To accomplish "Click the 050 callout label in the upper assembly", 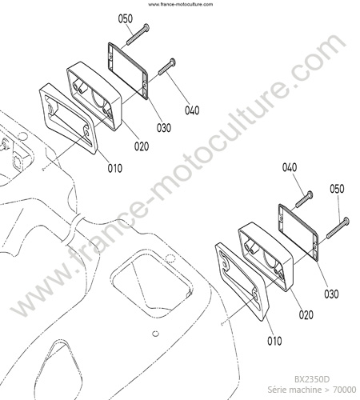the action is click(x=126, y=19).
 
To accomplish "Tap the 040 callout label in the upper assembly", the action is click(x=192, y=110).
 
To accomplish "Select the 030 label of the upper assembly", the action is click(x=163, y=128).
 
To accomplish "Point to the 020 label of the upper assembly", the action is click(x=142, y=146).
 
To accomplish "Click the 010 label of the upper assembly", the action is click(x=115, y=168).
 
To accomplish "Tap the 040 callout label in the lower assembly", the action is click(x=290, y=167).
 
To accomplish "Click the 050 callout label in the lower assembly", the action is click(x=337, y=189).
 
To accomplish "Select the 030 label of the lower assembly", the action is click(x=331, y=294).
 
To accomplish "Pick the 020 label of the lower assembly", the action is click(x=306, y=315).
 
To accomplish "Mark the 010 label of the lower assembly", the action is click(x=274, y=341).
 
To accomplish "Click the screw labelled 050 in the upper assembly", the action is click(x=138, y=34).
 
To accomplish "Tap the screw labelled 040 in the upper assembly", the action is click(x=167, y=66).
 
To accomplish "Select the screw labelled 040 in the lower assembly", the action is click(x=304, y=199).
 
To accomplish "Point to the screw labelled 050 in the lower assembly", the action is click(x=338, y=228).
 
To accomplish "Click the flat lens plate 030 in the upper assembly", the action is click(x=128, y=70).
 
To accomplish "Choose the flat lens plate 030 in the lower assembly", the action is click(x=298, y=233).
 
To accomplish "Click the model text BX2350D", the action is click(x=312, y=379).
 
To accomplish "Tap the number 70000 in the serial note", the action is click(x=344, y=390).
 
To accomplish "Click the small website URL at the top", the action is click(x=181, y=4).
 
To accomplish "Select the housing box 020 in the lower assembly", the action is click(x=266, y=257).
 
